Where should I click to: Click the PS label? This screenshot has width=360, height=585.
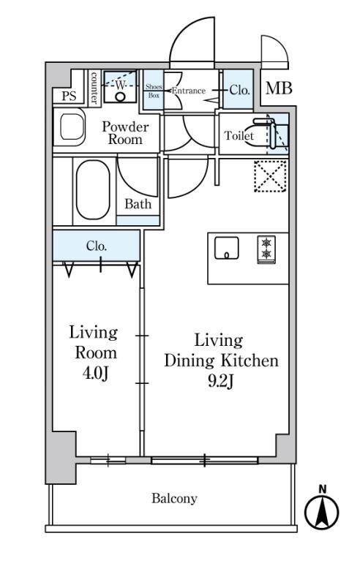pos(69,97)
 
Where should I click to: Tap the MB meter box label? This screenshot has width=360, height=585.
pos(279,88)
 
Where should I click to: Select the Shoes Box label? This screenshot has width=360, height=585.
pos(154,91)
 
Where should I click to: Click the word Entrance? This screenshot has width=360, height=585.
pos(189,91)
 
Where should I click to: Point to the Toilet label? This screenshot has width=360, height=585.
pos(239,135)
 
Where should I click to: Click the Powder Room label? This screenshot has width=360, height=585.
pos(125,133)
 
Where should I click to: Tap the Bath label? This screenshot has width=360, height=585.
pos(138,204)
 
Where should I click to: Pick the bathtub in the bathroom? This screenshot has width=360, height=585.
pos(94,189)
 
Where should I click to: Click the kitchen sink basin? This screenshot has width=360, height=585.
pos(226,248)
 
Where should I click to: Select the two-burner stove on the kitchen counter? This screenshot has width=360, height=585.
pos(266,249)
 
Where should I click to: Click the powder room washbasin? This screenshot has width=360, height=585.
pos(71,127)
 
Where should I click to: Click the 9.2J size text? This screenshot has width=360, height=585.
pos(221,382)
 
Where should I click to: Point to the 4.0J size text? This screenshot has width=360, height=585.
pos(96,373)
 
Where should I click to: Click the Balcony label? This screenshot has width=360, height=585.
pos(174,499)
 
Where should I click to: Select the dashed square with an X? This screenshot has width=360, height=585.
pos(270,176)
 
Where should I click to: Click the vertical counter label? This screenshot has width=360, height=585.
pos(94,88)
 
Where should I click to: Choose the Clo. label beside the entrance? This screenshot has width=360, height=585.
pos(239,90)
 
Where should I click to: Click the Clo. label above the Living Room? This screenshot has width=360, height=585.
pos(97,246)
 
